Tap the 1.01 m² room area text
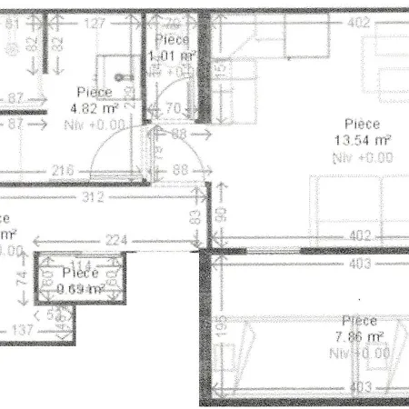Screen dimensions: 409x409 [173, 55]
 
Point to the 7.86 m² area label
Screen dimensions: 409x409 [361, 335]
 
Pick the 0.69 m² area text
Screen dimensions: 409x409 [81, 288]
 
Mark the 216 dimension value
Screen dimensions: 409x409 [63, 170]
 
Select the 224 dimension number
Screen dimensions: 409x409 [114, 239]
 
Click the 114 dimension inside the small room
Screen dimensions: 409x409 [81, 266]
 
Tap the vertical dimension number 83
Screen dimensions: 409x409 [194, 218]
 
